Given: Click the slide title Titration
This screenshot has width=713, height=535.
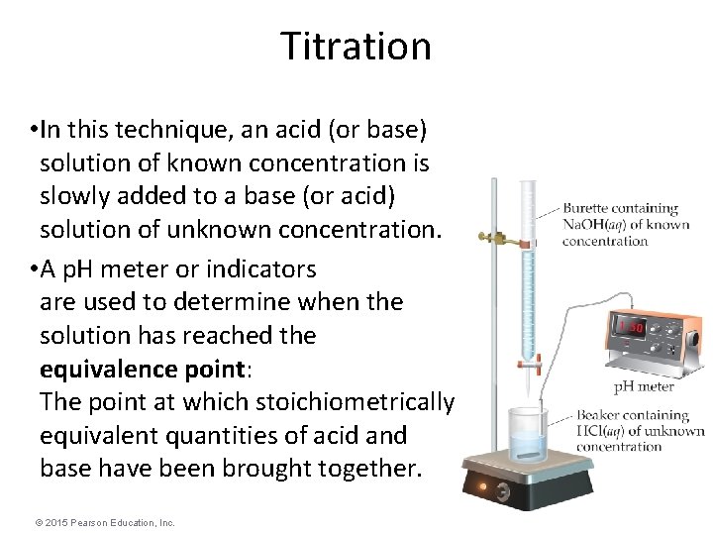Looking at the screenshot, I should [356, 46].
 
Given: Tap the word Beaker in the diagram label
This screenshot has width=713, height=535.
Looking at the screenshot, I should [591, 416].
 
